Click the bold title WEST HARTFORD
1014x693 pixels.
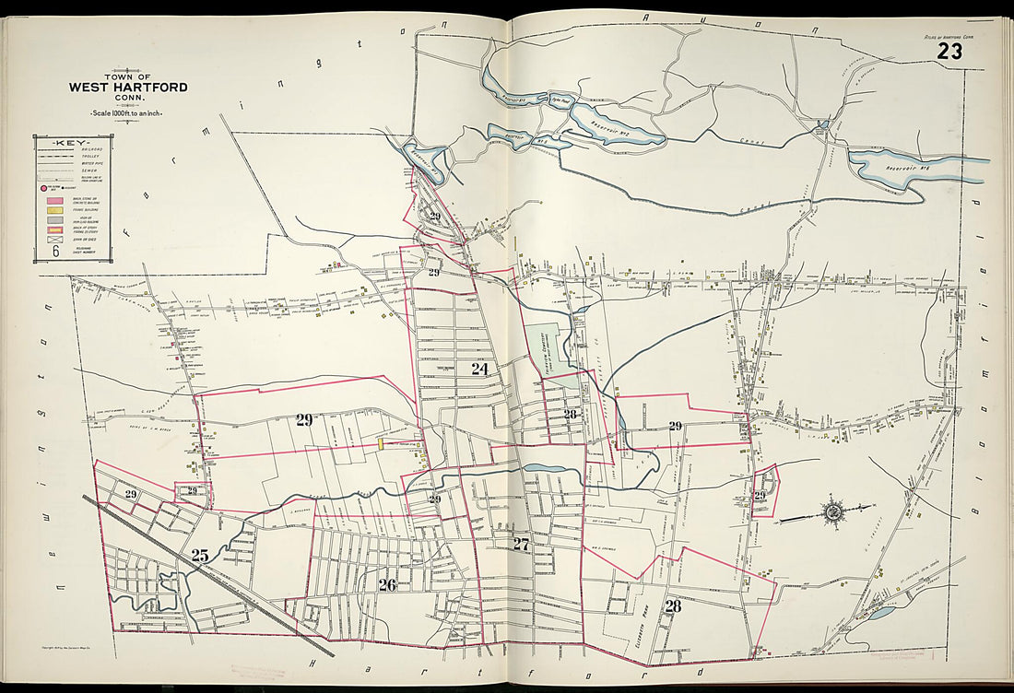[x=128, y=88]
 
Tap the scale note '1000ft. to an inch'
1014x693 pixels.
[x=128, y=112]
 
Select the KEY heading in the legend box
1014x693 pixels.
[x=70, y=143]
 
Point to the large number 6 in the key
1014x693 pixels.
[x=55, y=251]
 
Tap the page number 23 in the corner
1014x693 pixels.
[x=949, y=52]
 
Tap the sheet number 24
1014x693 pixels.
[x=479, y=369]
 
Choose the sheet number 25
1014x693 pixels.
[x=200, y=555]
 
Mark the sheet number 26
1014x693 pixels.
[x=387, y=583]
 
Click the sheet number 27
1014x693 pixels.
[x=521, y=544]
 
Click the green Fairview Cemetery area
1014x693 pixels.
[x=548, y=350]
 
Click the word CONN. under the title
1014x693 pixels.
[x=128, y=99]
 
